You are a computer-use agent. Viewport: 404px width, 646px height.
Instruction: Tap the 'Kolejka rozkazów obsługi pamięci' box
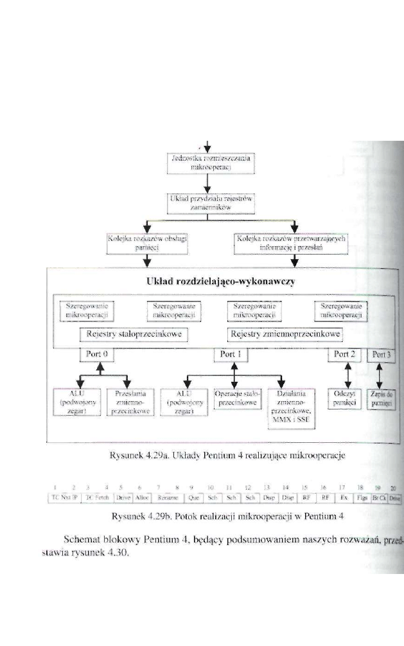147,242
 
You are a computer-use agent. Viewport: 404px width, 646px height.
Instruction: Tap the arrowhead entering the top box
207,147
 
